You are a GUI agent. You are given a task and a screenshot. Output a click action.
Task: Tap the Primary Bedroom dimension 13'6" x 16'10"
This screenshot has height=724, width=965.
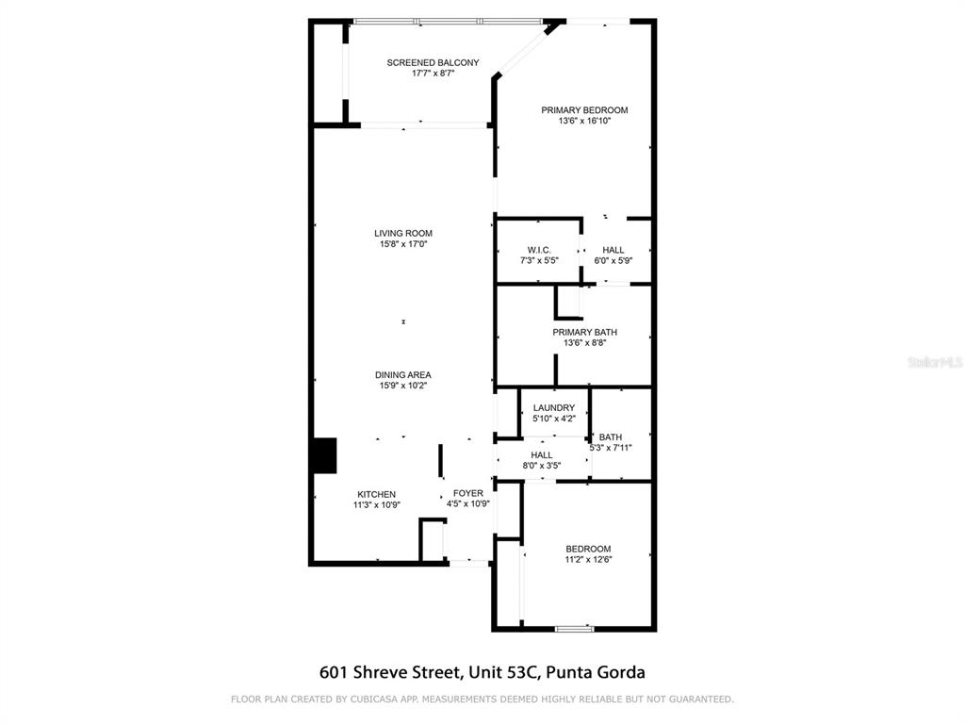pyautogui.click(x=584, y=121)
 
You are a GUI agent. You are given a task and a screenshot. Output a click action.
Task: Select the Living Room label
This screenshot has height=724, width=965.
pyautogui.click(x=403, y=234)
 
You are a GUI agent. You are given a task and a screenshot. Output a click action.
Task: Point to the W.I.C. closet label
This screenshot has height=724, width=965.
pyautogui.click(x=539, y=250)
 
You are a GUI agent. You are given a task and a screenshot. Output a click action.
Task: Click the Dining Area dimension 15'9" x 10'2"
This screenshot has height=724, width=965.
pyautogui.click(x=403, y=386)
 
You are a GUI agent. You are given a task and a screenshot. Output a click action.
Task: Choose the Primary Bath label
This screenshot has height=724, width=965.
pyautogui.click(x=584, y=332)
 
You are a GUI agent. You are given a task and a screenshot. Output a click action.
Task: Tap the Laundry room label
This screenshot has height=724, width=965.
pyautogui.click(x=554, y=408)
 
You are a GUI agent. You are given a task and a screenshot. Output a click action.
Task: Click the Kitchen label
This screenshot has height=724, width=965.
pyautogui.click(x=376, y=494)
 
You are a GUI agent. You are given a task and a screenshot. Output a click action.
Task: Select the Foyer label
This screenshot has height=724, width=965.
pyautogui.click(x=468, y=493)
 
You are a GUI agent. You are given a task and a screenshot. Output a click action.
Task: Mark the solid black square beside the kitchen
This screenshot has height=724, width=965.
pyautogui.click(x=323, y=455)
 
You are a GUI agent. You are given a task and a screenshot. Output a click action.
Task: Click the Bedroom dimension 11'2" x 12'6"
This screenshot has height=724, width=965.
pyautogui.click(x=588, y=560)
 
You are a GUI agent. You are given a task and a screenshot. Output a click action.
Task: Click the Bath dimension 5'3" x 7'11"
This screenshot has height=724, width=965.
pyautogui.click(x=610, y=448)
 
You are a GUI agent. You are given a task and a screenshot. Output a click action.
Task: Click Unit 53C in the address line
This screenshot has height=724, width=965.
pyautogui.click(x=504, y=673)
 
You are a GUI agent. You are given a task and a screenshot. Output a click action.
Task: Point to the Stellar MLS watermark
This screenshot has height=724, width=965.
pyautogui.click(x=934, y=362)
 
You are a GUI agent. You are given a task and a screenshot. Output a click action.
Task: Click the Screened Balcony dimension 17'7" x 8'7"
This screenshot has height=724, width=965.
pyautogui.click(x=433, y=74)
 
